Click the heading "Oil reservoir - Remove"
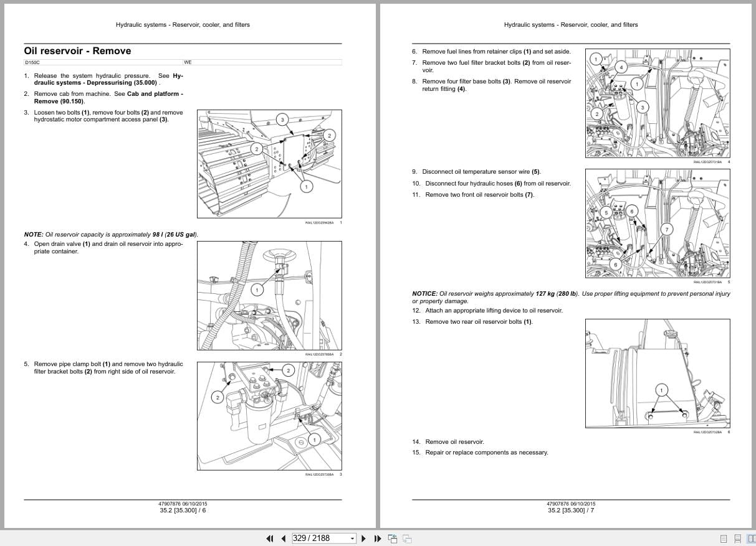point(77,51)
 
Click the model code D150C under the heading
point(32,63)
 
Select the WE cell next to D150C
point(188,63)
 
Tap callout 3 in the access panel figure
point(282,120)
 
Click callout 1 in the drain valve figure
point(256,289)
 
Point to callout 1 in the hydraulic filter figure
point(314,440)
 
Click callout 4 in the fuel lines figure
point(620,67)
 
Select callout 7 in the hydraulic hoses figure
point(667,230)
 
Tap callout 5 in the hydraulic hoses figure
point(605,213)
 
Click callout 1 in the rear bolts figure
point(661,390)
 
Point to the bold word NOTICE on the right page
point(424,294)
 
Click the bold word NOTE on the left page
point(33,235)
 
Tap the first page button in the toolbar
point(270,539)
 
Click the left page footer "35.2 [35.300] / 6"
point(183,511)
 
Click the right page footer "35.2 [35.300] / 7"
point(571,511)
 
